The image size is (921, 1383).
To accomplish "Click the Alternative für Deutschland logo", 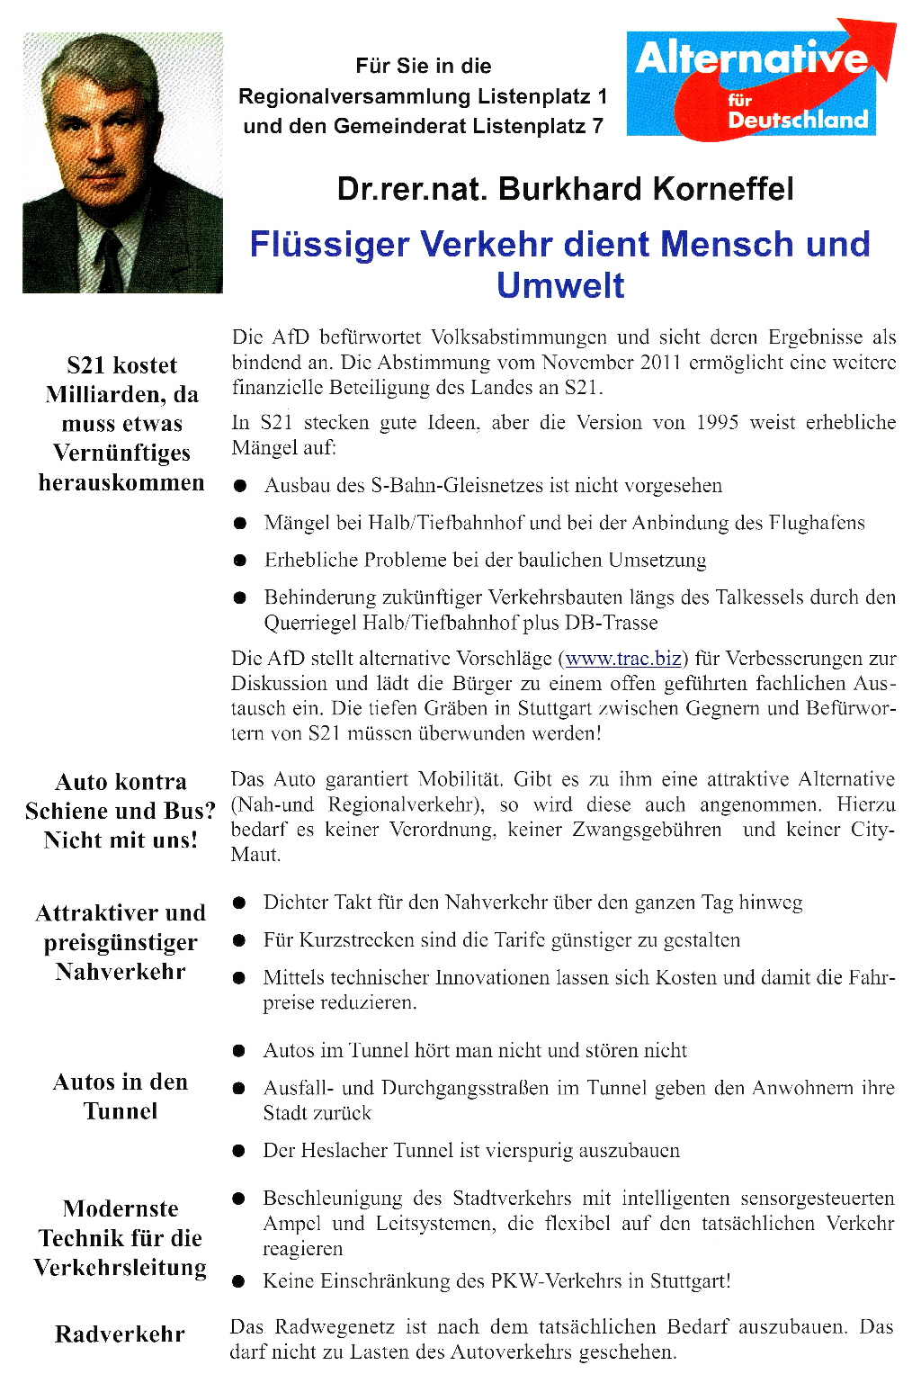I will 760,83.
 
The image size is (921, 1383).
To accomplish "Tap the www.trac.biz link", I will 622,658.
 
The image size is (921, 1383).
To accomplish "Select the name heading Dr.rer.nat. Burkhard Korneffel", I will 565,189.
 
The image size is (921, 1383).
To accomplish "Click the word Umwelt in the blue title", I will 560,285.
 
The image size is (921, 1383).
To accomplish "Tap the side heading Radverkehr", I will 120,1334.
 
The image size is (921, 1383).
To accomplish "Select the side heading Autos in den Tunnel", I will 121,1096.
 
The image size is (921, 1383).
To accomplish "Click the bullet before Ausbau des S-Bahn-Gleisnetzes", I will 240,486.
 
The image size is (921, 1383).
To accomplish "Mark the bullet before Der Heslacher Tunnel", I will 239,1151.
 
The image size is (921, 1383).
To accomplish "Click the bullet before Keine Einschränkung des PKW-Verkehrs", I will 239,1281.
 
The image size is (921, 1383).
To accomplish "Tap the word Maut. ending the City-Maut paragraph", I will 255,854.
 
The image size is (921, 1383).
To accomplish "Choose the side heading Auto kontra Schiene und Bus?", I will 121,810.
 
